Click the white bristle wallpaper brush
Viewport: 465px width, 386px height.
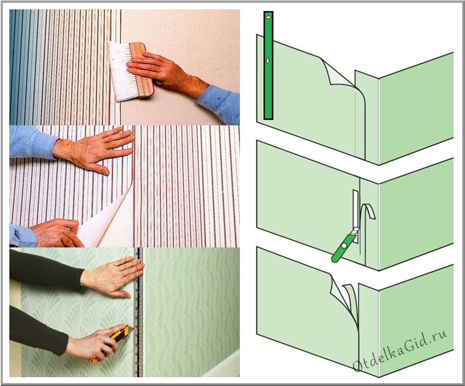121,71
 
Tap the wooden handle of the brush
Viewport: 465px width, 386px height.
142,70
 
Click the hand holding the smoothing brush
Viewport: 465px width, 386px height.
166,73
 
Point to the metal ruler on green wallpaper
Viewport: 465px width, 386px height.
138,312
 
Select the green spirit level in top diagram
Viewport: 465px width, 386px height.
268,65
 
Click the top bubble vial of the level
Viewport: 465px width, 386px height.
268,18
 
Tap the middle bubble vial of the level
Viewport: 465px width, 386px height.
268,60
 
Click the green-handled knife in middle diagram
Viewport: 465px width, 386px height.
344,245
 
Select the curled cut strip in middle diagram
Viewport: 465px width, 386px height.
368,214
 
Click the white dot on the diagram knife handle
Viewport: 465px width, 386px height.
344,246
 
